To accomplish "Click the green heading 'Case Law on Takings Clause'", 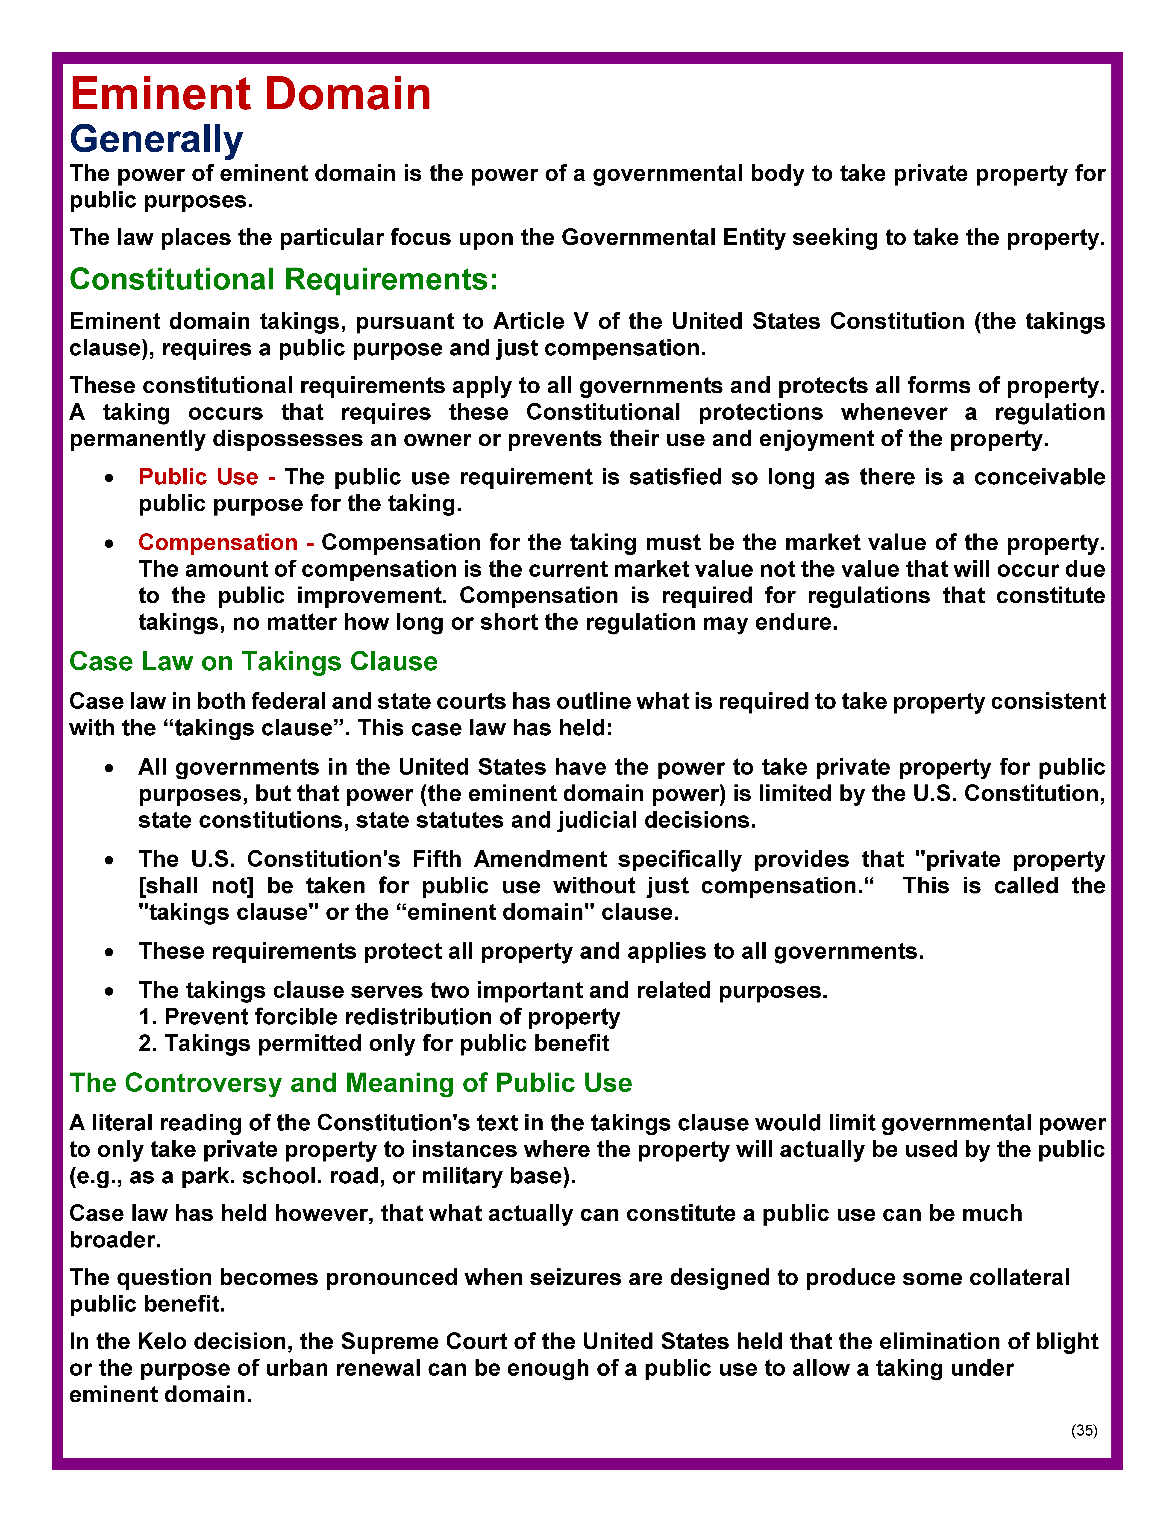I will point(253,662).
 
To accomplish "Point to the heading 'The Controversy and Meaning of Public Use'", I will point(350,1083).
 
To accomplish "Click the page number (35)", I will point(1084,1430).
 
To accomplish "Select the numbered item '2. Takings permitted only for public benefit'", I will point(374,1043).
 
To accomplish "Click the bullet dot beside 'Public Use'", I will point(109,478).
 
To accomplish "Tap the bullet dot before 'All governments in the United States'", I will point(109,768).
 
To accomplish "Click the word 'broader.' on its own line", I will point(115,1240).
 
